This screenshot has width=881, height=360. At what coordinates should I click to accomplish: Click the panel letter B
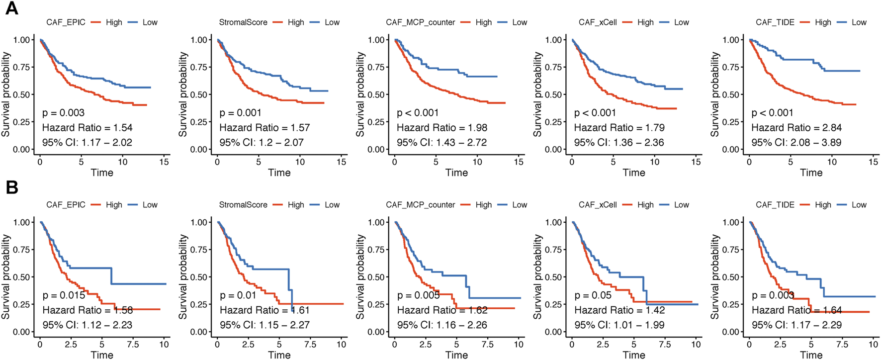pyautogui.click(x=11, y=187)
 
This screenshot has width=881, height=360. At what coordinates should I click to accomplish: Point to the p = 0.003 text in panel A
pyautogui.click(x=63, y=113)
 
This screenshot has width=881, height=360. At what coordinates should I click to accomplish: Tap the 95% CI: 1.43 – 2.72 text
pyautogui.click(x=441, y=143)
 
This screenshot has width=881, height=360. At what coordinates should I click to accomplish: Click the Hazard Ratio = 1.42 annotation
pyautogui.click(x=619, y=310)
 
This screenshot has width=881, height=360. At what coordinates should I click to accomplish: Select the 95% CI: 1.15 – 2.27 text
pyautogui.click(x=264, y=325)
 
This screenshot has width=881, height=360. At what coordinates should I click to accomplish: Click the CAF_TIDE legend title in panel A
pyautogui.click(x=775, y=22)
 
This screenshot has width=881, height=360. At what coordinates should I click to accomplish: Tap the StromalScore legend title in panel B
pyautogui.click(x=243, y=205)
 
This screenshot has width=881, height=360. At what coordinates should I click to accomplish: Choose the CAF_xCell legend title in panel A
pyautogui.click(x=598, y=22)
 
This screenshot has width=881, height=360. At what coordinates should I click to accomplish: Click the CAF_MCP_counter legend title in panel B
pyautogui.click(x=421, y=205)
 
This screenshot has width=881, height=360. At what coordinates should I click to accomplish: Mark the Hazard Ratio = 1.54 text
pyautogui.click(x=87, y=128)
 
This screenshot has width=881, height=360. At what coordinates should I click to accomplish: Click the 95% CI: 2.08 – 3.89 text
pyautogui.click(x=796, y=143)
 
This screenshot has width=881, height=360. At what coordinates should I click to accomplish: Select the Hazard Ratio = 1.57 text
pyautogui.click(x=264, y=128)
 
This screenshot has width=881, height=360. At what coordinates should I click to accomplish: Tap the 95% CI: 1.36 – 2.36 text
pyautogui.click(x=619, y=143)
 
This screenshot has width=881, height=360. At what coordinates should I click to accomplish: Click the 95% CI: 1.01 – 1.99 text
pyautogui.click(x=619, y=325)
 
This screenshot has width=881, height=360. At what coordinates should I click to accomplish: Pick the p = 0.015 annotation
pyautogui.click(x=64, y=295)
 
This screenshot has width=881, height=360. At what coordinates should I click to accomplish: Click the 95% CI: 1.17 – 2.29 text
pyautogui.click(x=796, y=325)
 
